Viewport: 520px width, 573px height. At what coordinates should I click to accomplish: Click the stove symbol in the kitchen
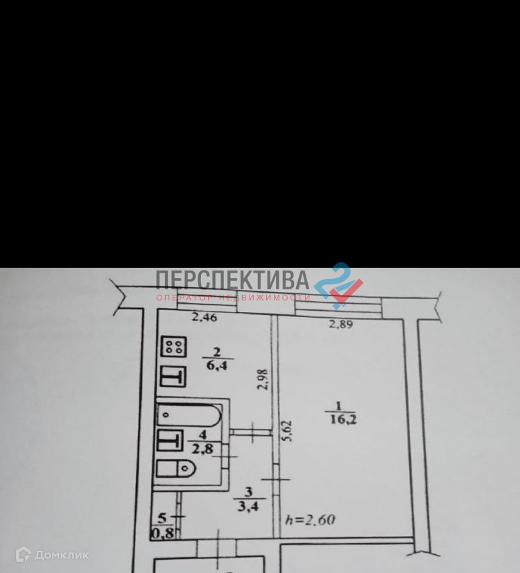click(x=173, y=348)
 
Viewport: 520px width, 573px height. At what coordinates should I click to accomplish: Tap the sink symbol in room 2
click(x=173, y=377)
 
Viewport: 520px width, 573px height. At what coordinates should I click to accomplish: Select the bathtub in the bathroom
click(x=189, y=415)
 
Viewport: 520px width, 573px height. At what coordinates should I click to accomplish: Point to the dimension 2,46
click(x=204, y=318)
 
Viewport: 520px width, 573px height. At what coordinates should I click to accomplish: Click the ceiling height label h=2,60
click(x=311, y=520)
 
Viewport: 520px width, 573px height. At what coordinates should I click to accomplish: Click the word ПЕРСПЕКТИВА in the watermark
click(x=232, y=280)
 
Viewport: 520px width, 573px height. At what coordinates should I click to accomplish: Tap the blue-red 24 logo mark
click(x=338, y=284)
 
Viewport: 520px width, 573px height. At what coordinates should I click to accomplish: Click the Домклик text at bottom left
click(x=62, y=554)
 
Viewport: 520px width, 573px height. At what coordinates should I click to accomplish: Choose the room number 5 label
click(x=162, y=518)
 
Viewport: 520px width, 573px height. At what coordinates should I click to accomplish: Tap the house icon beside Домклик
click(x=23, y=554)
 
